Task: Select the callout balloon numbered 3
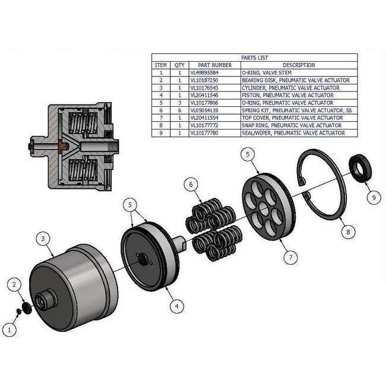(x=43, y=239)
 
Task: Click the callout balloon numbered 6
(x=191, y=185)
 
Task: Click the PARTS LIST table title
(x=255, y=58)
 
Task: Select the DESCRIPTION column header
(x=299, y=65)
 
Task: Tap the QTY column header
(x=179, y=65)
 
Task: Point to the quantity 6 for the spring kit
(x=179, y=110)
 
